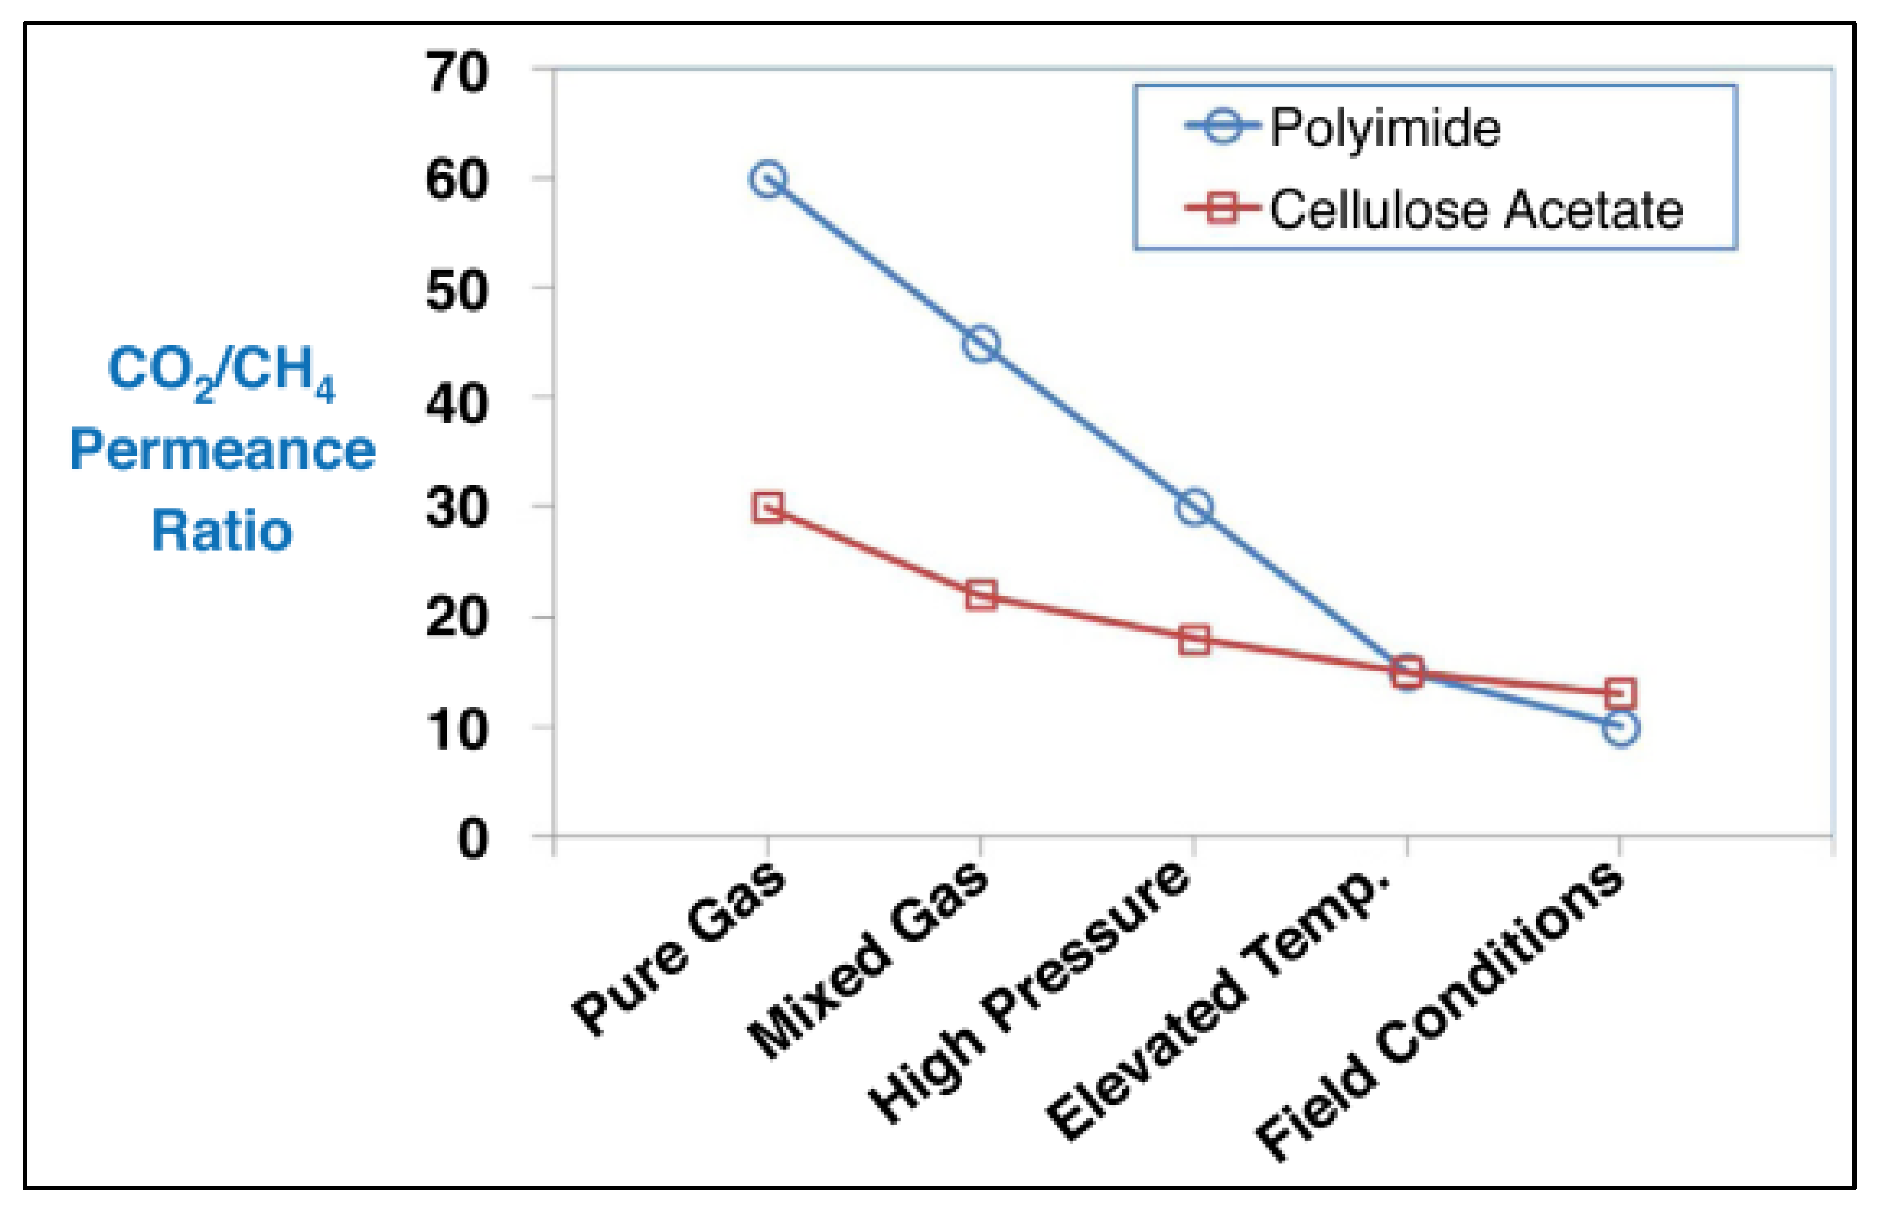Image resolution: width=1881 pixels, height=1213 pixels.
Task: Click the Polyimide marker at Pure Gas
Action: pos(768,180)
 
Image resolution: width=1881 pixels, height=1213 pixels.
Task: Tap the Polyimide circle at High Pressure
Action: pos(1194,507)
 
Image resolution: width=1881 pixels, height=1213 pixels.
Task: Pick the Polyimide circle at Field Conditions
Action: pos(1620,728)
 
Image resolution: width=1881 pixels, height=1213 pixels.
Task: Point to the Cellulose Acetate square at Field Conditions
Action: pos(1620,694)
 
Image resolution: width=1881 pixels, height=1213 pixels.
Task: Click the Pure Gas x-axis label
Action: pos(679,949)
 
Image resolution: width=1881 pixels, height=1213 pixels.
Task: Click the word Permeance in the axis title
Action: pos(223,450)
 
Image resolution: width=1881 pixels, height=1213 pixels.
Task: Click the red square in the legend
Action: pos(1222,209)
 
